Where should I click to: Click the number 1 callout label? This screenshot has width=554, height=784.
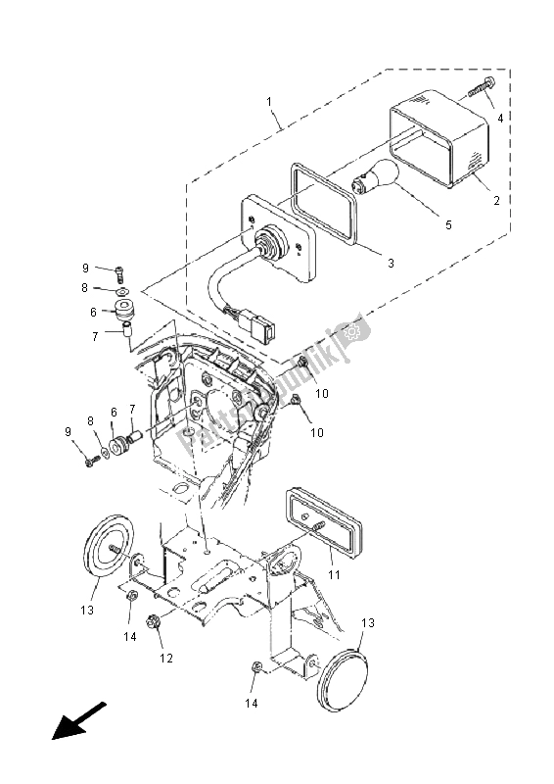(x=268, y=101)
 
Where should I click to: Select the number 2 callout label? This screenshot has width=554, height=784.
(x=496, y=201)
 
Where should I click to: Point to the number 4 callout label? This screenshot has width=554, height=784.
(x=499, y=118)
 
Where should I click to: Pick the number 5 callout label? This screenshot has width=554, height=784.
(x=448, y=225)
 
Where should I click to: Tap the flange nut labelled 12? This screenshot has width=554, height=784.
(x=154, y=621)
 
